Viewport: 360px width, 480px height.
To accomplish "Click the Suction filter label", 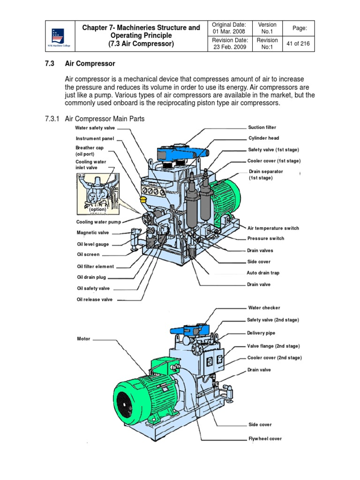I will click(x=262, y=127).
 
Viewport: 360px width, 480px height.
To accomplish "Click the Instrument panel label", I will click(x=95, y=139).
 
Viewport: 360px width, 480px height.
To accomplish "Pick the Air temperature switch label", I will click(x=273, y=228).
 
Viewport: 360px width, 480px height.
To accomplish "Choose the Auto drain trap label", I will click(x=263, y=273).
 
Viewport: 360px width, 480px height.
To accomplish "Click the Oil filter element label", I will click(x=95, y=267).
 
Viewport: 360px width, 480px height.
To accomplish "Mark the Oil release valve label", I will click(x=95, y=300).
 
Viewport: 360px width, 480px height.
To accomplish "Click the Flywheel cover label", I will click(x=265, y=439).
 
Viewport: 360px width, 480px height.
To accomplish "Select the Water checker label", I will click(x=264, y=308).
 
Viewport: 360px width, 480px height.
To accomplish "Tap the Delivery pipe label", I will click(x=261, y=333).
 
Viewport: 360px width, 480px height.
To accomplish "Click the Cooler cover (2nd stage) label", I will click(x=274, y=358).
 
